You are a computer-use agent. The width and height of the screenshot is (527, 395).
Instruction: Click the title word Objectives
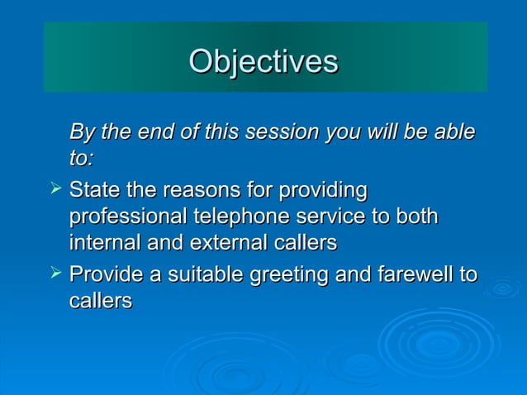tap(263, 62)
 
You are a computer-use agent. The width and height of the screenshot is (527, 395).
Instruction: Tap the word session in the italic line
tap(282, 132)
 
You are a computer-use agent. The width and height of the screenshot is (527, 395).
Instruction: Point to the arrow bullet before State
tap(55, 191)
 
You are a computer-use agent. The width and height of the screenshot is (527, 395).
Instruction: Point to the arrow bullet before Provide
tap(55, 274)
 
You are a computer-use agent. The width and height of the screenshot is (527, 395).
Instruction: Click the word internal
tap(102, 244)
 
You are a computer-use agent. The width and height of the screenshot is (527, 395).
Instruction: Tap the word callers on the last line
tap(101, 301)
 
